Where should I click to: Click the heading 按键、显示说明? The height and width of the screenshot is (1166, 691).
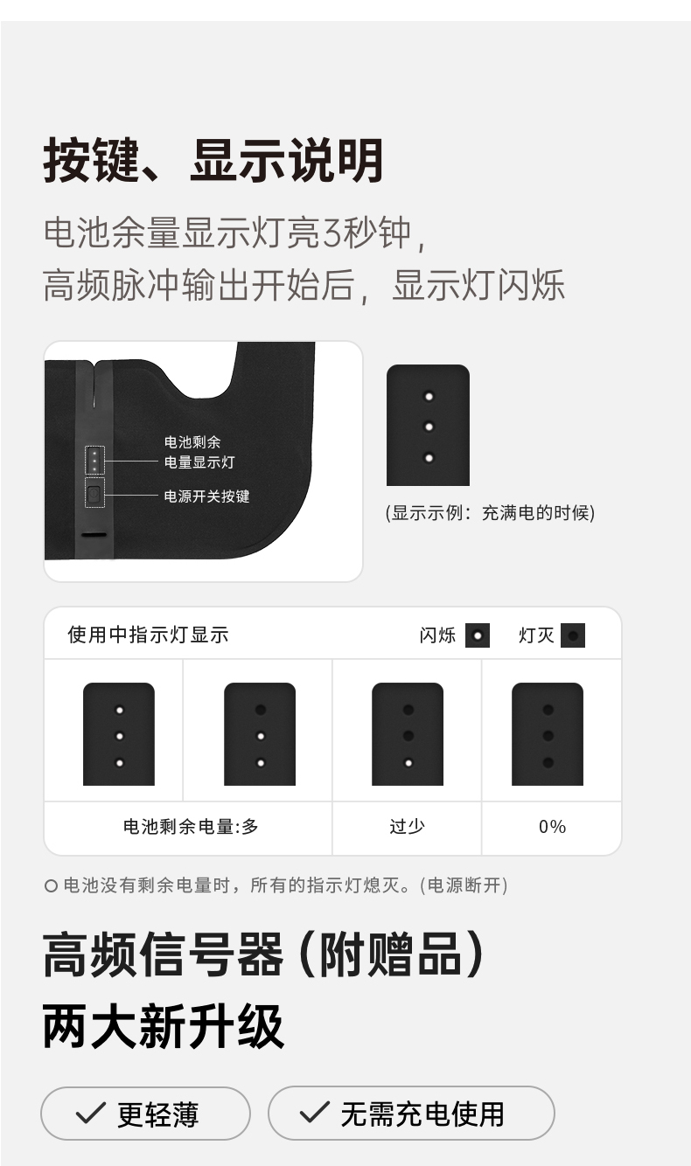[x=213, y=160]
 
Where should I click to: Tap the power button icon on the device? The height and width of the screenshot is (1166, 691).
[x=94, y=492]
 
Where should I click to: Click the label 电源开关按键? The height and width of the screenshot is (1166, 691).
[x=206, y=496]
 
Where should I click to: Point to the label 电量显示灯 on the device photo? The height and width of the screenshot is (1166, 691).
[x=199, y=462]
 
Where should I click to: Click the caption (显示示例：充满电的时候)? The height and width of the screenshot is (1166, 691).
[x=490, y=513]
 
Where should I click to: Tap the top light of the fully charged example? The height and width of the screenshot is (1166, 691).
[x=429, y=397]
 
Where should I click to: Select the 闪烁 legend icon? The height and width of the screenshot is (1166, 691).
[x=478, y=635]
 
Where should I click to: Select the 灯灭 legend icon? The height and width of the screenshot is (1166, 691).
[x=573, y=635]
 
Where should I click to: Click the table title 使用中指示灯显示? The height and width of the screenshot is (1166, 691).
[x=149, y=635]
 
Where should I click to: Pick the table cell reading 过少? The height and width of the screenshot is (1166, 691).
[x=408, y=826]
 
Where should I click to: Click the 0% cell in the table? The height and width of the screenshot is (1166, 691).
[x=552, y=827]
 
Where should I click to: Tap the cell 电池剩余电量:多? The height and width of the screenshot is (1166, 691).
[x=191, y=826]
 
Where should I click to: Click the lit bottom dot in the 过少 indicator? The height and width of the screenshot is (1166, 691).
[x=408, y=763]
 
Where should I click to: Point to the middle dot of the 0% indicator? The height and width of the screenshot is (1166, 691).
[x=548, y=736]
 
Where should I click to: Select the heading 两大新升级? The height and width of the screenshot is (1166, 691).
[x=163, y=1026]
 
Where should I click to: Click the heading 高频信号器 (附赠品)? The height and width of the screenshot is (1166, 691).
[x=263, y=954]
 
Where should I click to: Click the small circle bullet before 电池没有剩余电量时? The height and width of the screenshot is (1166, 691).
[x=51, y=885]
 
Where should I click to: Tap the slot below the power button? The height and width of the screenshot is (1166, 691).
[x=94, y=535]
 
